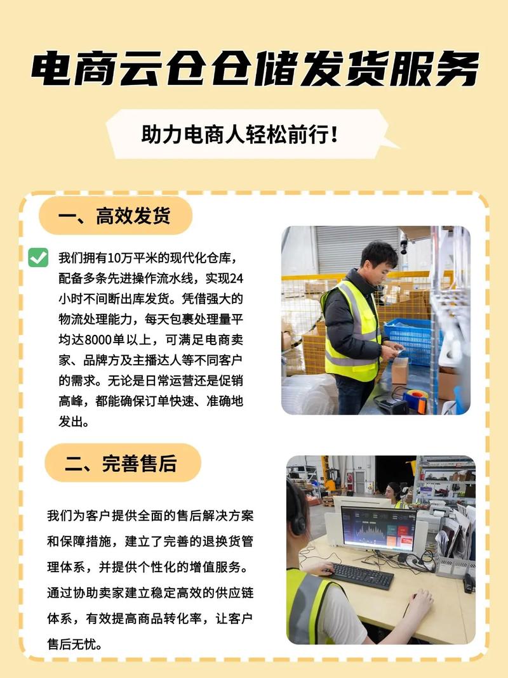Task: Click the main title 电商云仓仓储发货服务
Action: [x=255, y=69]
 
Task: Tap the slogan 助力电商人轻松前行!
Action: [x=239, y=134]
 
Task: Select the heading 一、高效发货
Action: [x=114, y=216]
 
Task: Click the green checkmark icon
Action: [x=38, y=258]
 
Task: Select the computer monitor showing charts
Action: [x=379, y=528]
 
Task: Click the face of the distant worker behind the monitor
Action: [x=392, y=492]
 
